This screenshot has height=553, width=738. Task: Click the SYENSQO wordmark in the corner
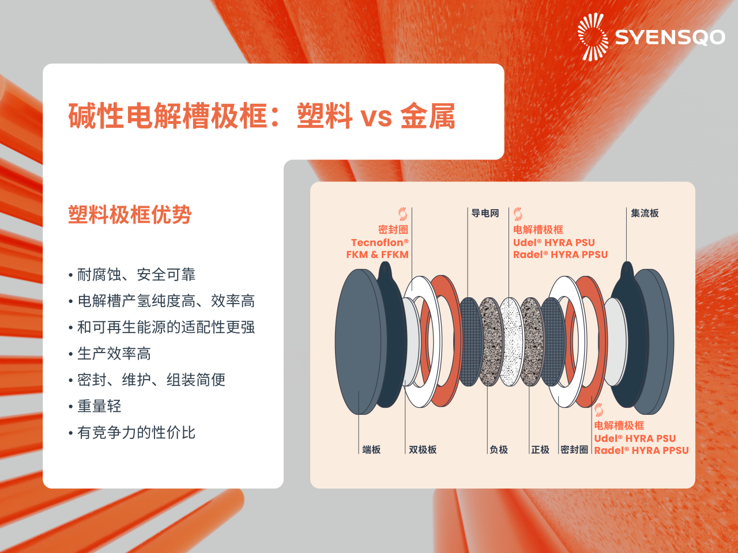669,37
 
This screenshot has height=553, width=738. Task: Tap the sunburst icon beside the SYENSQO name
593,37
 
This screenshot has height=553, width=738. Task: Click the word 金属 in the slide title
428,116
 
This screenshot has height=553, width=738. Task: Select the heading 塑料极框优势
130,215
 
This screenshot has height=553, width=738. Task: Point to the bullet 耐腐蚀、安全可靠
137,275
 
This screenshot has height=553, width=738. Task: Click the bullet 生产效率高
114,354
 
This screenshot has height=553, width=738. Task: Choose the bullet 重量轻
99,406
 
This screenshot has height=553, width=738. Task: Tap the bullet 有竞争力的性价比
137,433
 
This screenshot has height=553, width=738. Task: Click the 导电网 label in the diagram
485,213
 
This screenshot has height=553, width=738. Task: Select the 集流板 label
645,213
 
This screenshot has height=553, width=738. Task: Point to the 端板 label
371,449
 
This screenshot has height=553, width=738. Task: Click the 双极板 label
423,449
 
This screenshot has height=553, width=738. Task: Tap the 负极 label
499,449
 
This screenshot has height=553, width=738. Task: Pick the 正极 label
540,449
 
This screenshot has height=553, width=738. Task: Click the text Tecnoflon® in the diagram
379,243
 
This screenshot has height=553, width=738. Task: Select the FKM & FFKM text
377,255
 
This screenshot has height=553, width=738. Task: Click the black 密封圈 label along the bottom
574,449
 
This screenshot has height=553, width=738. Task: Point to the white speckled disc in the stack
511,341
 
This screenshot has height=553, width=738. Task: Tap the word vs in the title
376,117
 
